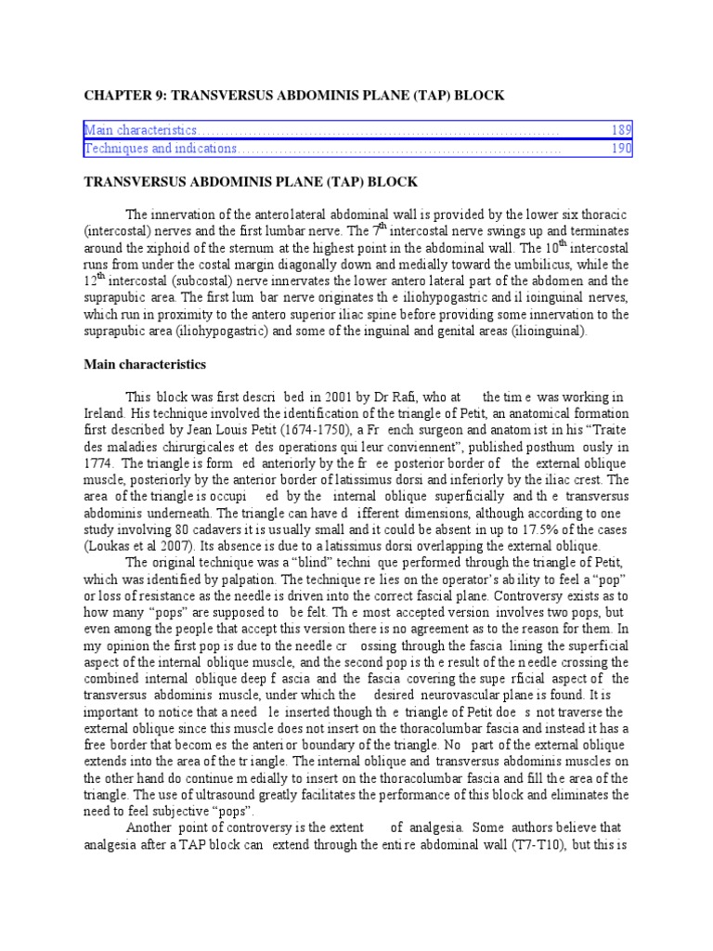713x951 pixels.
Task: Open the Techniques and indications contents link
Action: tap(161, 149)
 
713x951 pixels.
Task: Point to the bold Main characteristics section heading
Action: tap(145, 365)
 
